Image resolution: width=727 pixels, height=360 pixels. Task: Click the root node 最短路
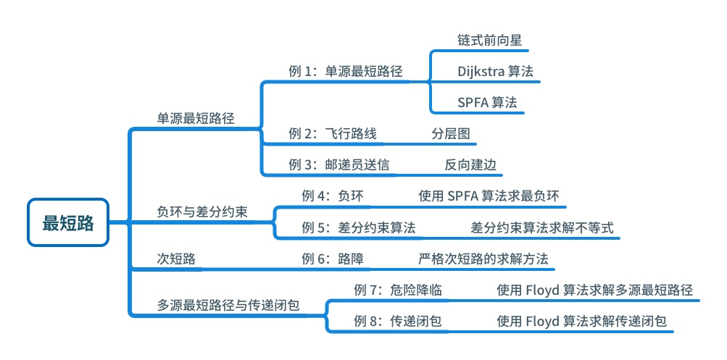(x=68, y=223)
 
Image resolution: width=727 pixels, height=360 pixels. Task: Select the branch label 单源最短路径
(x=196, y=118)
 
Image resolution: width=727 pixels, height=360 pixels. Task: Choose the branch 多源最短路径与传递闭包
(x=228, y=305)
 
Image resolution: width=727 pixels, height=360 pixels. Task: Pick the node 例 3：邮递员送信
(x=338, y=164)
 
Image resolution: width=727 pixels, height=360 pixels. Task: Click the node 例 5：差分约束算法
(x=359, y=227)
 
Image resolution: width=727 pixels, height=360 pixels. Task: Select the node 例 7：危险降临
(x=398, y=290)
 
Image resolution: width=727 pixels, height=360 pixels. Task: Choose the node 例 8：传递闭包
(x=398, y=321)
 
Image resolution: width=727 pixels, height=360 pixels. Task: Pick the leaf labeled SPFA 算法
(x=487, y=102)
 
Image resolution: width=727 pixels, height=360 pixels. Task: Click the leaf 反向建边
(x=470, y=164)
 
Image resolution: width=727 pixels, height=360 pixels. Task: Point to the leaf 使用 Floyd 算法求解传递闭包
(x=581, y=321)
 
